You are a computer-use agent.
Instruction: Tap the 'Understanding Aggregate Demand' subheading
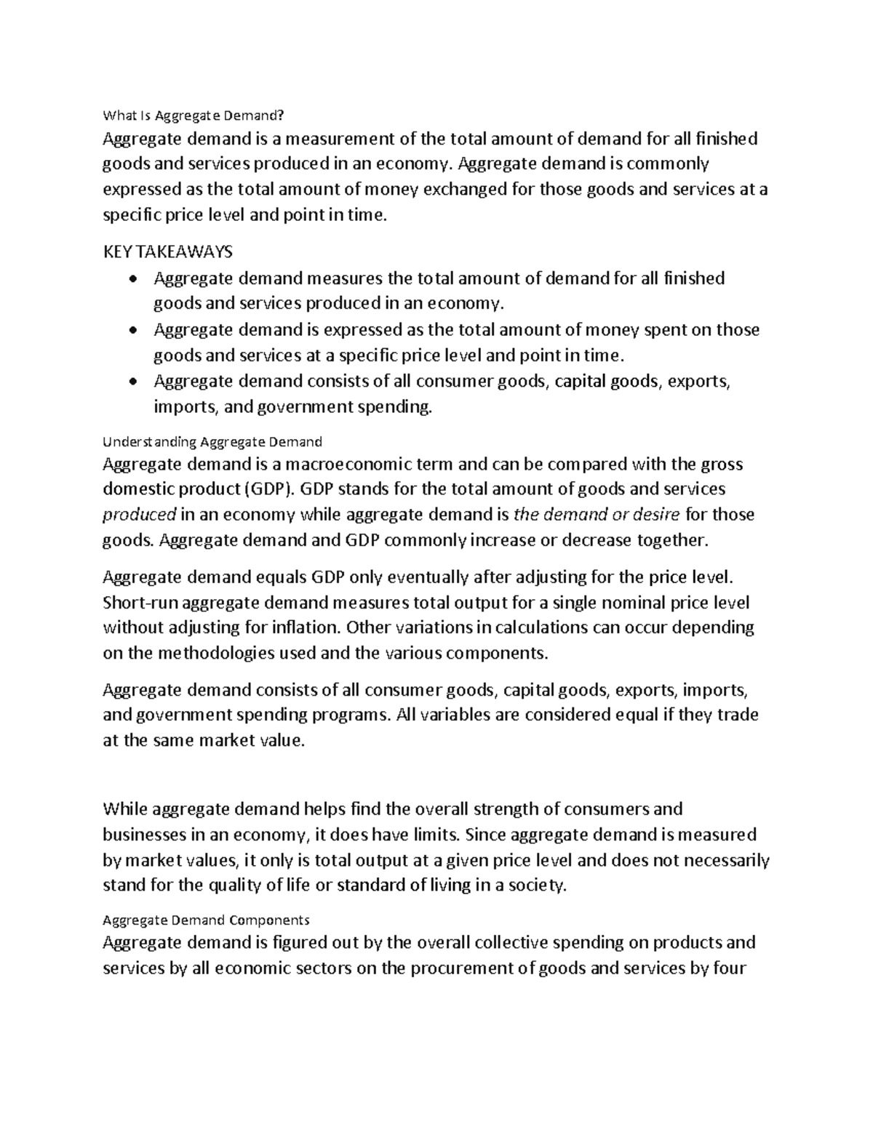pos(212,441)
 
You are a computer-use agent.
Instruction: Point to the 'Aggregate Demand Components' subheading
pos(207,920)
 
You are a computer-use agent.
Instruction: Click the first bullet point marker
pos(132,279)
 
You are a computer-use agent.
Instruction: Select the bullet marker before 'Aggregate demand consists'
pos(132,382)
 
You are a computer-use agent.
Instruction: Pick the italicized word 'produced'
pos(139,515)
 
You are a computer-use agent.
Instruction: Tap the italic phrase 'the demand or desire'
pos(597,515)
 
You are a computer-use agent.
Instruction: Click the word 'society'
pos(535,885)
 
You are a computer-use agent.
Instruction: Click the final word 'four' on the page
pos(729,968)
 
